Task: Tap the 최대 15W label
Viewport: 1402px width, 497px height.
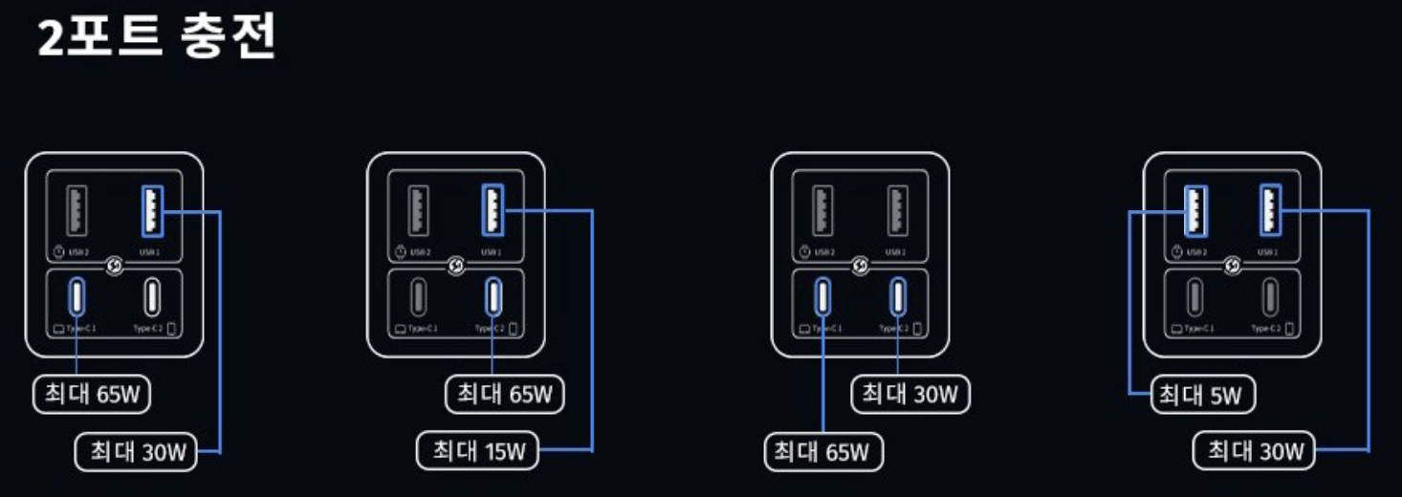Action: [x=478, y=451]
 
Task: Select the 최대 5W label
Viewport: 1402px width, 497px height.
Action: [x=1202, y=394]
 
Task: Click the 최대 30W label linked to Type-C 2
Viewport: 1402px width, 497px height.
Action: [x=909, y=393]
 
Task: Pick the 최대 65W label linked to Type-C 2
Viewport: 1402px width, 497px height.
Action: [x=505, y=393]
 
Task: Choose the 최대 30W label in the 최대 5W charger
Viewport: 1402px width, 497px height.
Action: [x=1254, y=451]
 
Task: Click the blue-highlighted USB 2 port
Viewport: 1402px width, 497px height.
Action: [x=1195, y=209]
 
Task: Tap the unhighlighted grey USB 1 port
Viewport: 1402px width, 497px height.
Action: [x=897, y=209]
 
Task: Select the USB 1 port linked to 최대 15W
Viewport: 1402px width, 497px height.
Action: [x=493, y=209]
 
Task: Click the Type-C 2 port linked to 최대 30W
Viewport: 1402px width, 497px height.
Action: [x=898, y=297]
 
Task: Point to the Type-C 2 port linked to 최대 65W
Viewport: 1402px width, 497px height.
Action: [x=493, y=297]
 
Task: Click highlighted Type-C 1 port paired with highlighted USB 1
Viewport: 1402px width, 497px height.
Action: [x=77, y=297]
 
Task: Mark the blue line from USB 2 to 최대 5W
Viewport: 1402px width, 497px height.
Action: [x=1130, y=306]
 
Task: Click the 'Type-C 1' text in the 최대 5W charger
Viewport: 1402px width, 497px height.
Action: [x=1199, y=329]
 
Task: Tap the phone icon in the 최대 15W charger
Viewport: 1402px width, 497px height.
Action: [x=514, y=329]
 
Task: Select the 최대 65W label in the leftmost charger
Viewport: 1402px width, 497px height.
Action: [x=92, y=394]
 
